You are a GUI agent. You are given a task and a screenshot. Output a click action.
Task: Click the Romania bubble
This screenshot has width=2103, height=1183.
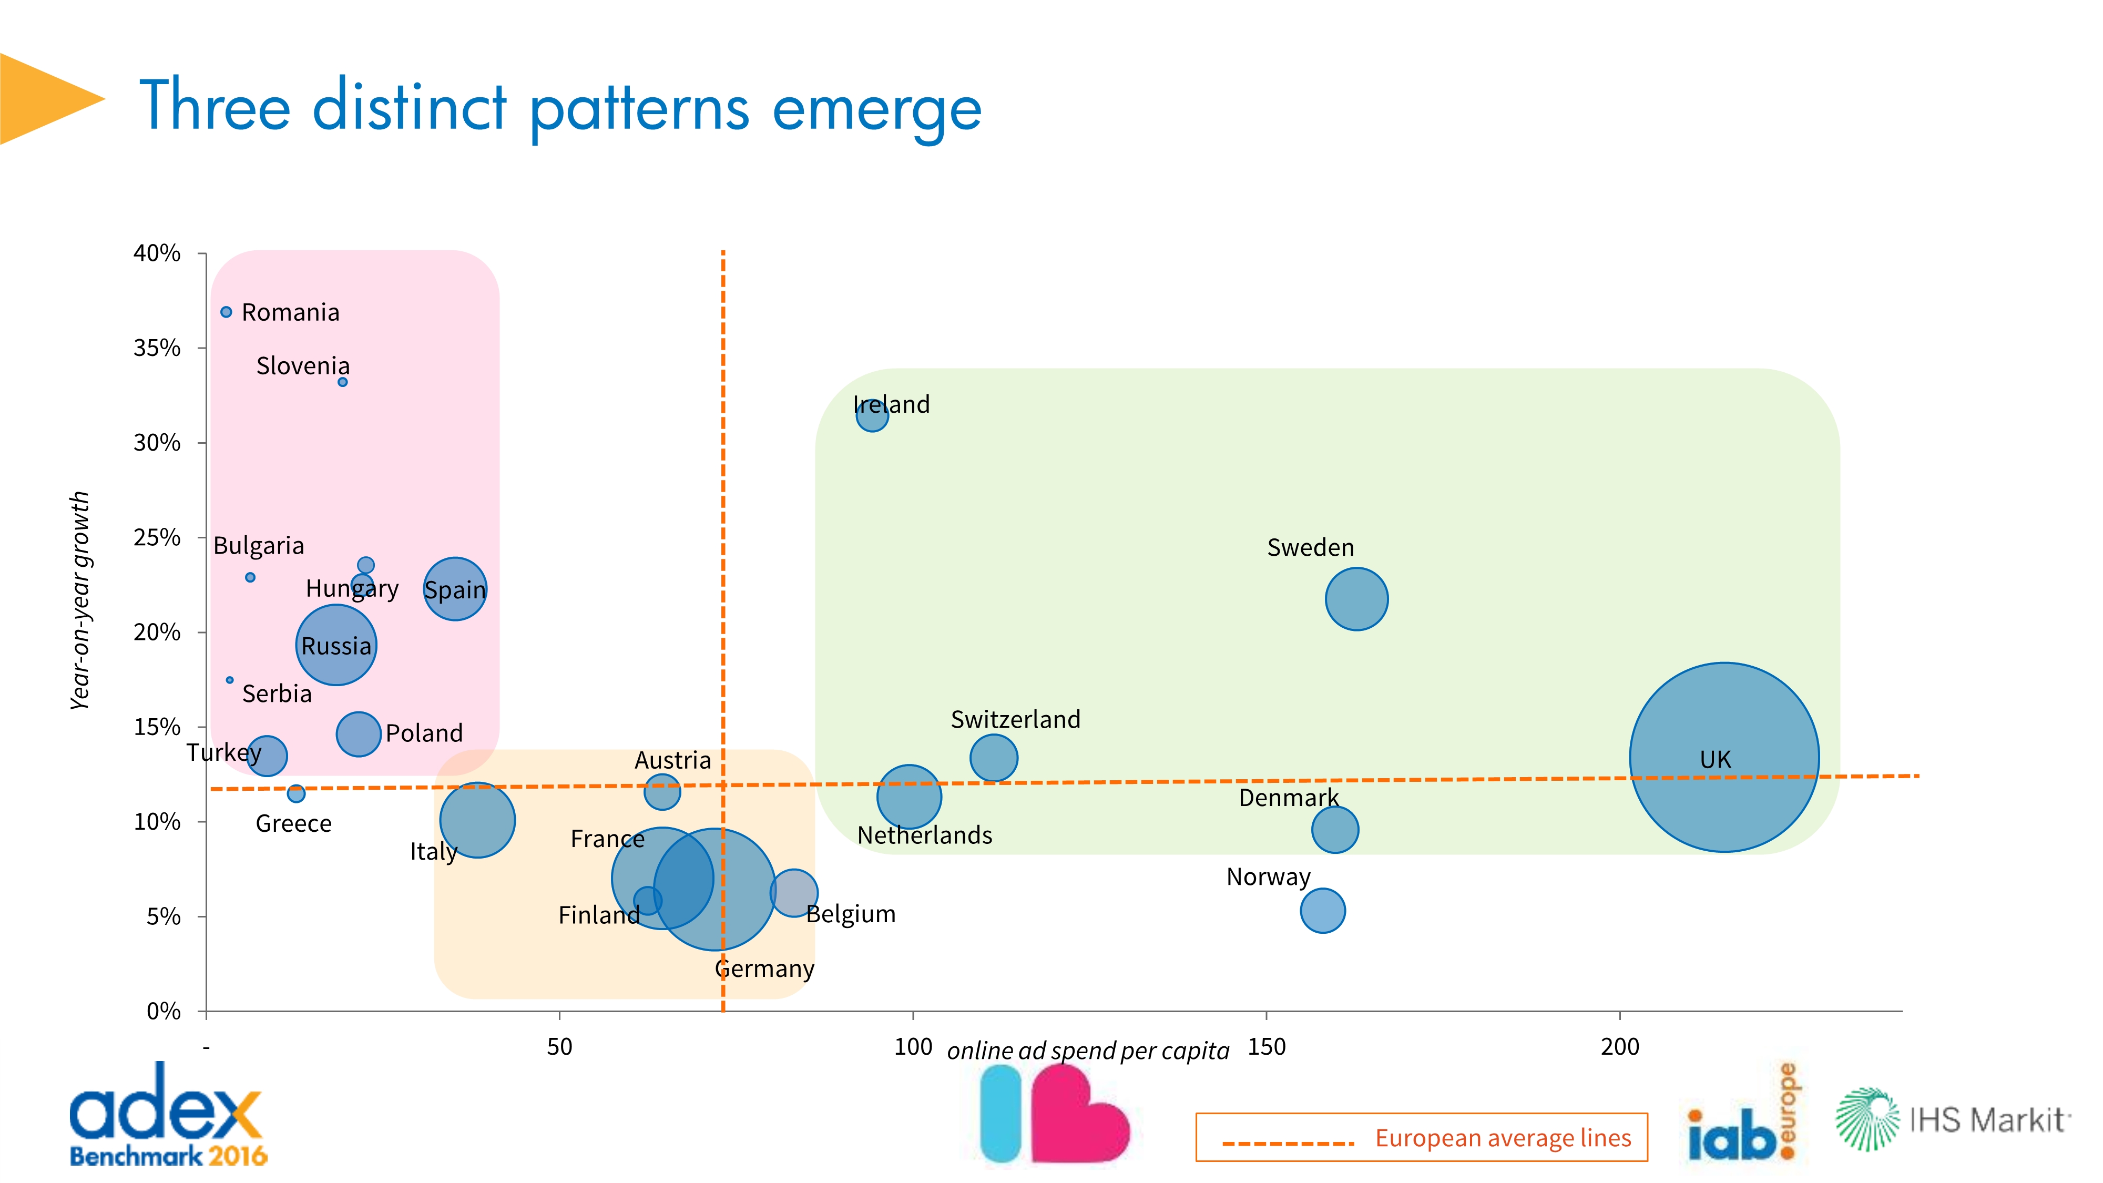pos(226,312)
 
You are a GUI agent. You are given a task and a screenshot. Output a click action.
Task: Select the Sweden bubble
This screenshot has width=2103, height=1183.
pos(1356,598)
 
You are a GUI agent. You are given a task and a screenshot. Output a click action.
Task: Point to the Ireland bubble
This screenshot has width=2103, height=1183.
pos(872,415)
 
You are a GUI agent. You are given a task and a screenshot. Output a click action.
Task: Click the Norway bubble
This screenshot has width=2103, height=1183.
pos(1322,910)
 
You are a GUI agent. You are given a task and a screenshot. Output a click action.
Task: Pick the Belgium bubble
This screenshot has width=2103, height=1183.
pos(793,892)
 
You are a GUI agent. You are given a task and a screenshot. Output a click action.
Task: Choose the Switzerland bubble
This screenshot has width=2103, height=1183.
pos(994,758)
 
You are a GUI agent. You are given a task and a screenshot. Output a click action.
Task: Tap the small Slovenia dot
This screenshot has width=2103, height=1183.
pos(343,382)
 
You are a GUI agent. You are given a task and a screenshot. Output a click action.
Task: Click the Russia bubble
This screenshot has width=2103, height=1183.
pos(335,645)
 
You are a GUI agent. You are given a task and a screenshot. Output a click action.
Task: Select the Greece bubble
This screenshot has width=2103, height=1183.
pos(297,793)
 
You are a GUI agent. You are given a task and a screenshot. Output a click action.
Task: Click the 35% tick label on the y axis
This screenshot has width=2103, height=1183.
pos(157,348)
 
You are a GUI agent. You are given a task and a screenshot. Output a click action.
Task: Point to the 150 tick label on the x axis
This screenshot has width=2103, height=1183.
pos(1266,1047)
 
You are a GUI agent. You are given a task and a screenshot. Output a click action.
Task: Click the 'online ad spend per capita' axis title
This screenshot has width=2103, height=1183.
pos(1087,1051)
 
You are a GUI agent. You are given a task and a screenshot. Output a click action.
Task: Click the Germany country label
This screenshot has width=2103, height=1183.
pos(764,969)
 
